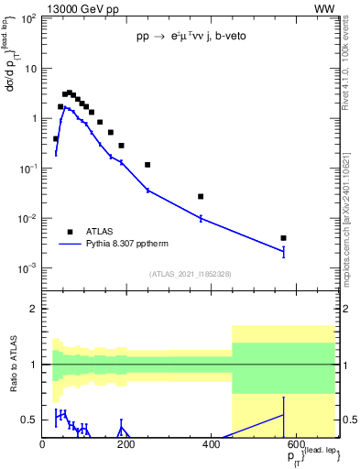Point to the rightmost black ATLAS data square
(284, 238)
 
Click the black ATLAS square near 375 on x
(201, 196)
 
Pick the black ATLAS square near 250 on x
(147, 165)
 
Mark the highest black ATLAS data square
(70, 93)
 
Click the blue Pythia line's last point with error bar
(284, 251)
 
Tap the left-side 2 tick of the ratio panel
(34, 309)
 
